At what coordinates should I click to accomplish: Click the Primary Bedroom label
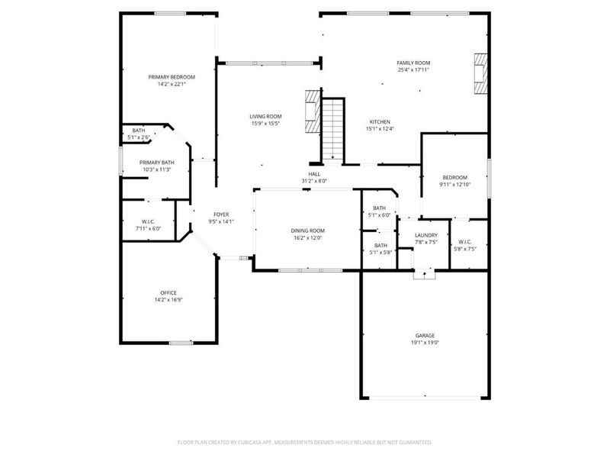pyautogui.click(x=172, y=77)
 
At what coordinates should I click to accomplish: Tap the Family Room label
pyautogui.click(x=413, y=63)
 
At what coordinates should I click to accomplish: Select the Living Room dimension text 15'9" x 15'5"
pyautogui.click(x=266, y=124)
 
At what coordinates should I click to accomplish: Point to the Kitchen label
pyautogui.click(x=380, y=121)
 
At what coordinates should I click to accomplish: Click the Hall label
pyautogui.click(x=314, y=174)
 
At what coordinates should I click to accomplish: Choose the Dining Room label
pyautogui.click(x=307, y=231)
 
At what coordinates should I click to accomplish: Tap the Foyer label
pyautogui.click(x=221, y=215)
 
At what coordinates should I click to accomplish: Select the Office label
pyautogui.click(x=169, y=292)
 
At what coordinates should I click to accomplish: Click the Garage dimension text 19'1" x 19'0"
pyautogui.click(x=425, y=343)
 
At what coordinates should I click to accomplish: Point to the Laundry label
pyautogui.click(x=425, y=235)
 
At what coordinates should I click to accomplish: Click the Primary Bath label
pyautogui.click(x=156, y=162)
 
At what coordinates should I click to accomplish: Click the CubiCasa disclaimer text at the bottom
pyautogui.click(x=305, y=442)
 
